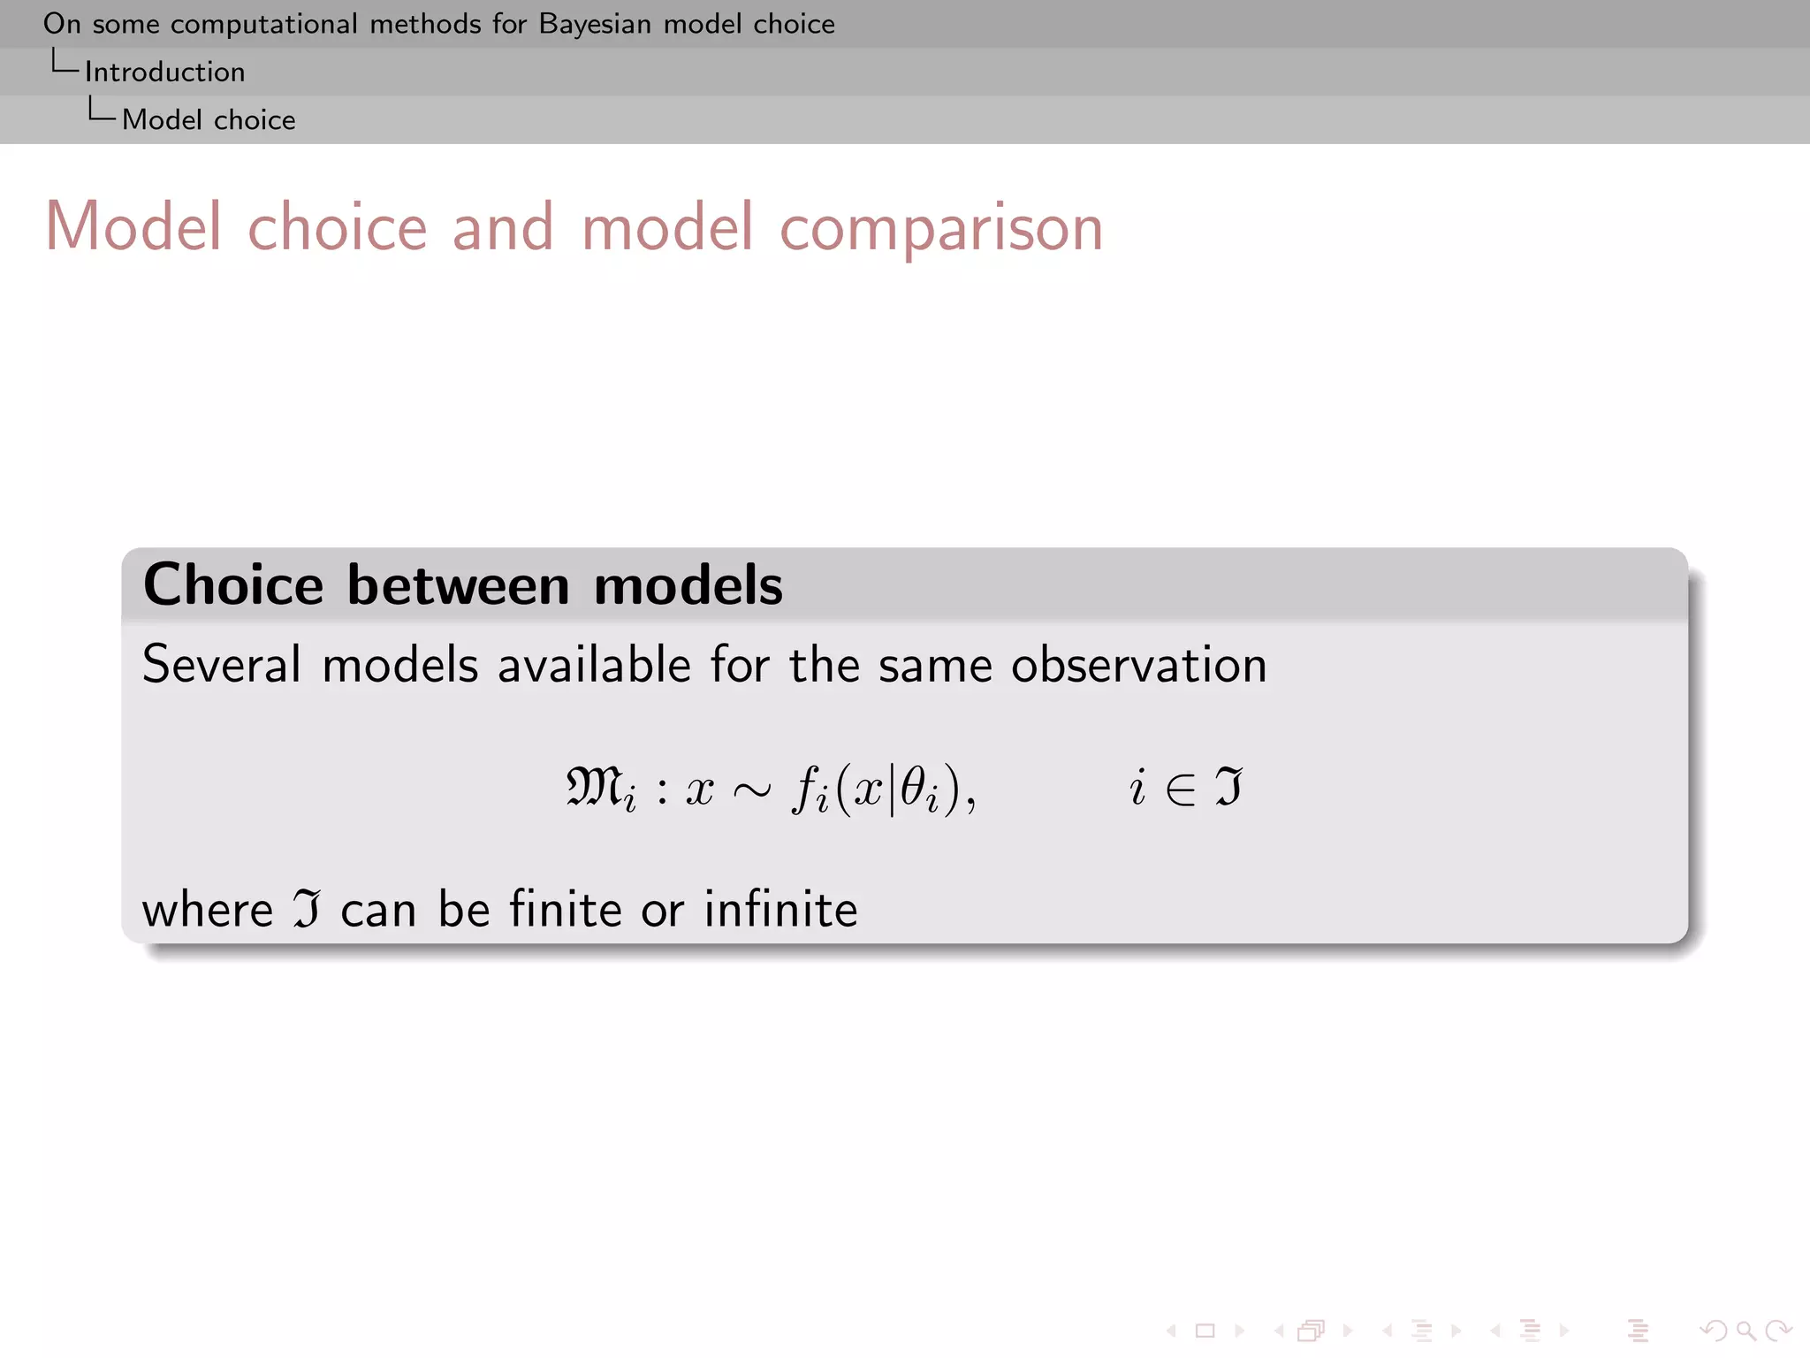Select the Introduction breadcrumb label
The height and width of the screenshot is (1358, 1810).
[164, 72]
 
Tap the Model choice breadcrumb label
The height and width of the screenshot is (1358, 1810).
[209, 119]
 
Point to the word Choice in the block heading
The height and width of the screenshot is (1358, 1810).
[233, 585]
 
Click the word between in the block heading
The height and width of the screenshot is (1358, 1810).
[458, 585]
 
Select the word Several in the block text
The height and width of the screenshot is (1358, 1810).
[222, 665]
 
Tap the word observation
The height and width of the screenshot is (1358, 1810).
[1138, 665]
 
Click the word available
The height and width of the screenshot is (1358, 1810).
[594, 665]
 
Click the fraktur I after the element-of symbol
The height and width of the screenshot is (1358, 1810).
[1228, 786]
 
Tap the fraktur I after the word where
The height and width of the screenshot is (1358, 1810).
[306, 909]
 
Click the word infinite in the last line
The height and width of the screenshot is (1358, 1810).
[780, 909]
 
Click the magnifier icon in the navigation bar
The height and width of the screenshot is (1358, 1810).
[1745, 1331]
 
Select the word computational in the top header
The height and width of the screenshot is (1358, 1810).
[263, 24]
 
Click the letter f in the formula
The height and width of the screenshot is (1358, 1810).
[805, 787]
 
